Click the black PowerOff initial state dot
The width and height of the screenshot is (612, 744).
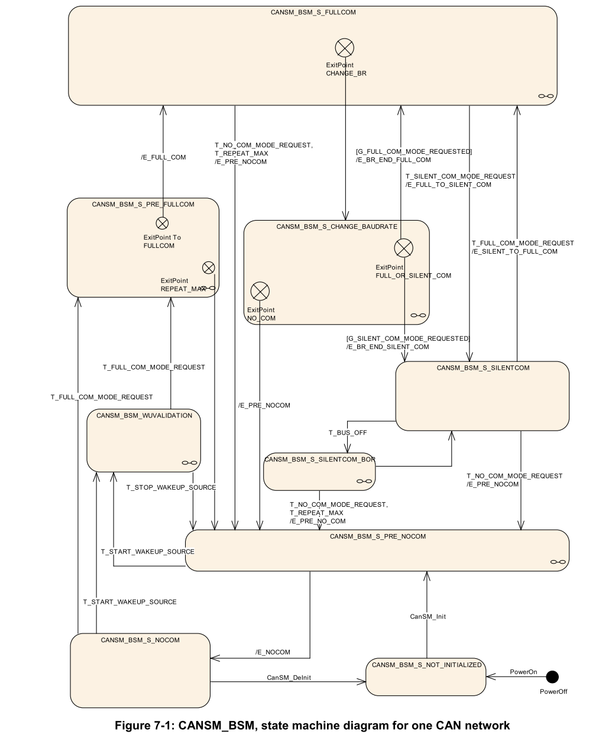(552, 676)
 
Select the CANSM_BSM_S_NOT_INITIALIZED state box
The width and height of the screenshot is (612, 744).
(426, 677)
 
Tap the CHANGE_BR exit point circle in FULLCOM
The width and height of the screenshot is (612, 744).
(345, 47)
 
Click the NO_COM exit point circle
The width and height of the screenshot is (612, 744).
(260, 291)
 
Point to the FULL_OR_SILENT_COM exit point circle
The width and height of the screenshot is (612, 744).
(403, 248)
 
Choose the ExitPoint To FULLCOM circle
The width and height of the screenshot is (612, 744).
(162, 223)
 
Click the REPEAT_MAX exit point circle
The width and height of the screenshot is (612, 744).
(209, 267)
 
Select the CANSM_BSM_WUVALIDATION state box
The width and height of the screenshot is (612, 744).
(144, 440)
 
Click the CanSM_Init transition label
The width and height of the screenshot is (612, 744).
(428, 616)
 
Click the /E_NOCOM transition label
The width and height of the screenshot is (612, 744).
(273, 652)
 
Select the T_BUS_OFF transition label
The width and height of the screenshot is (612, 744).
(348, 432)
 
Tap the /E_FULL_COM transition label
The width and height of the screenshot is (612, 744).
(163, 157)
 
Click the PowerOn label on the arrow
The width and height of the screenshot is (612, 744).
(523, 672)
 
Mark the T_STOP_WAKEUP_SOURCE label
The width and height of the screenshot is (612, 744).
(171, 487)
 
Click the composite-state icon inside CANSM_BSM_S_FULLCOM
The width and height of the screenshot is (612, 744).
(546, 96)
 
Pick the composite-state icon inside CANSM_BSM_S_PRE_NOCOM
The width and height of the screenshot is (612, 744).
(558, 561)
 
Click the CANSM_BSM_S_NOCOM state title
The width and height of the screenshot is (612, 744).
(140, 640)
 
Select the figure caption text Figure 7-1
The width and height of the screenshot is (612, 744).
(312, 725)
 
